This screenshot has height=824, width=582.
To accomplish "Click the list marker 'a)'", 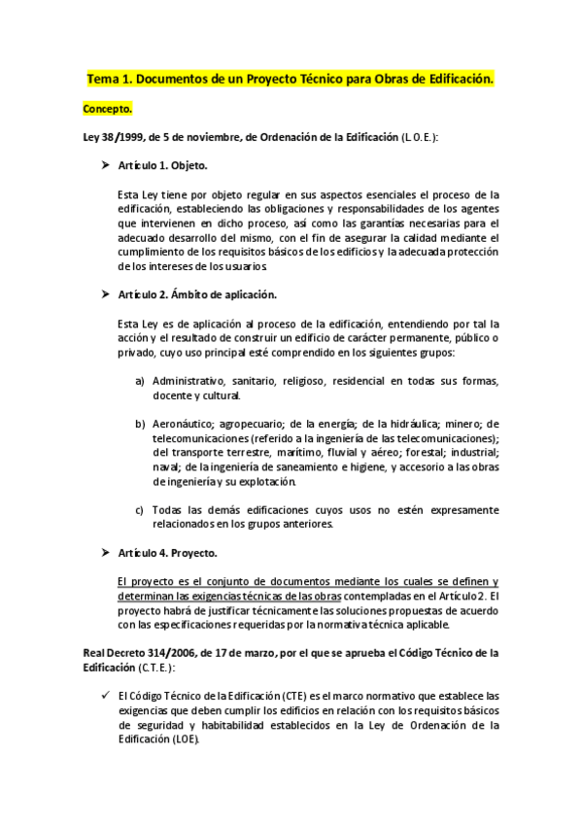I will click(x=141, y=380).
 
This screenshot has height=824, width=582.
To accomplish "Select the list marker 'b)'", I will click(x=141, y=424).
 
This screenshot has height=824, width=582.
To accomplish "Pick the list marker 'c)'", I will click(x=141, y=509).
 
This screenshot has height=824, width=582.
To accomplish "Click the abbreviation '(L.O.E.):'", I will click(x=420, y=139).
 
